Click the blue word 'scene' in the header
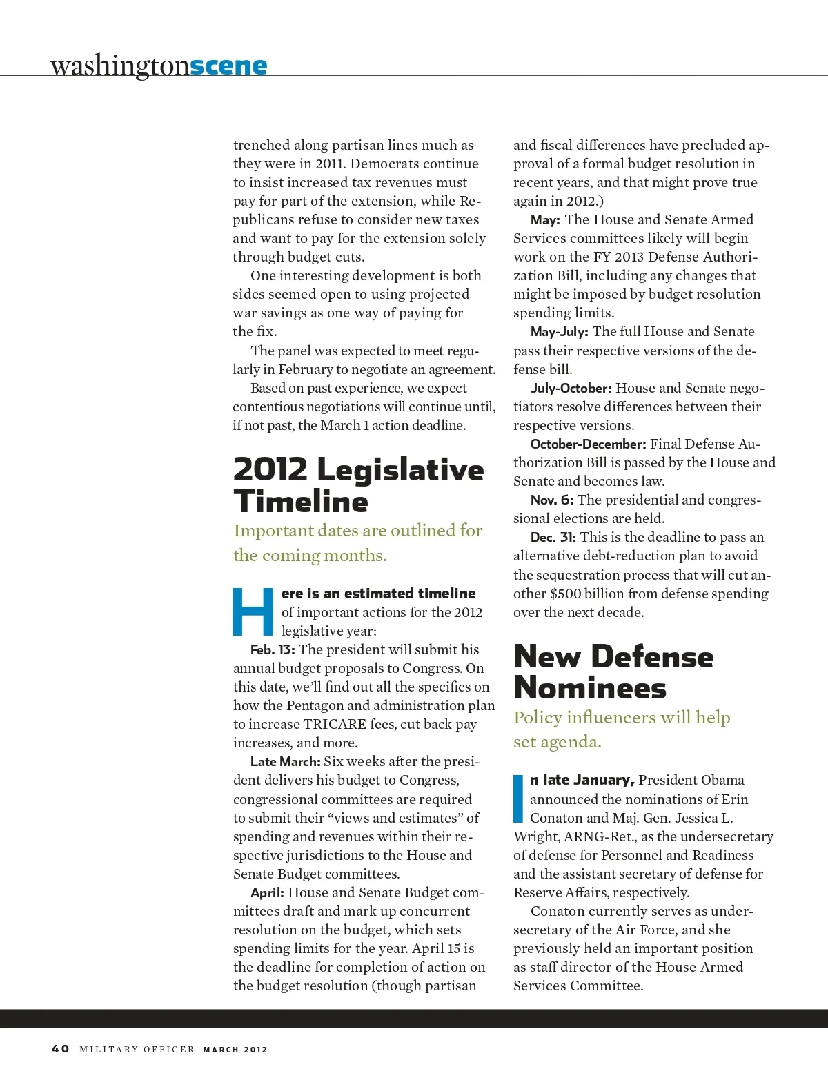tap(228, 66)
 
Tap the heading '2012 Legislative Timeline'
tap(358, 485)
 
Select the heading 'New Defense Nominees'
tap(613, 672)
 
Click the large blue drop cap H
tap(253, 611)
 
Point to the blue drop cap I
tap(518, 799)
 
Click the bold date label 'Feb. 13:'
tap(273, 650)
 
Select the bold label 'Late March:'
tap(285, 762)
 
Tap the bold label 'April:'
tap(267, 893)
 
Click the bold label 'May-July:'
tap(559, 332)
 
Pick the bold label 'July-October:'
tap(571, 389)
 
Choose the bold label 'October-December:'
tap(588, 444)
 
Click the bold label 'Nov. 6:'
tap(552, 500)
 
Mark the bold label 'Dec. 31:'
tap(553, 538)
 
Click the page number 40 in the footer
tap(60, 1049)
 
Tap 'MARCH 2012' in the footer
tap(235, 1050)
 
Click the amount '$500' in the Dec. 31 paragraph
tap(565, 594)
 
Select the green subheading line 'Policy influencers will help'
tap(622, 718)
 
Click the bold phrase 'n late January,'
tap(582, 780)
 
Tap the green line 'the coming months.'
tap(310, 556)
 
